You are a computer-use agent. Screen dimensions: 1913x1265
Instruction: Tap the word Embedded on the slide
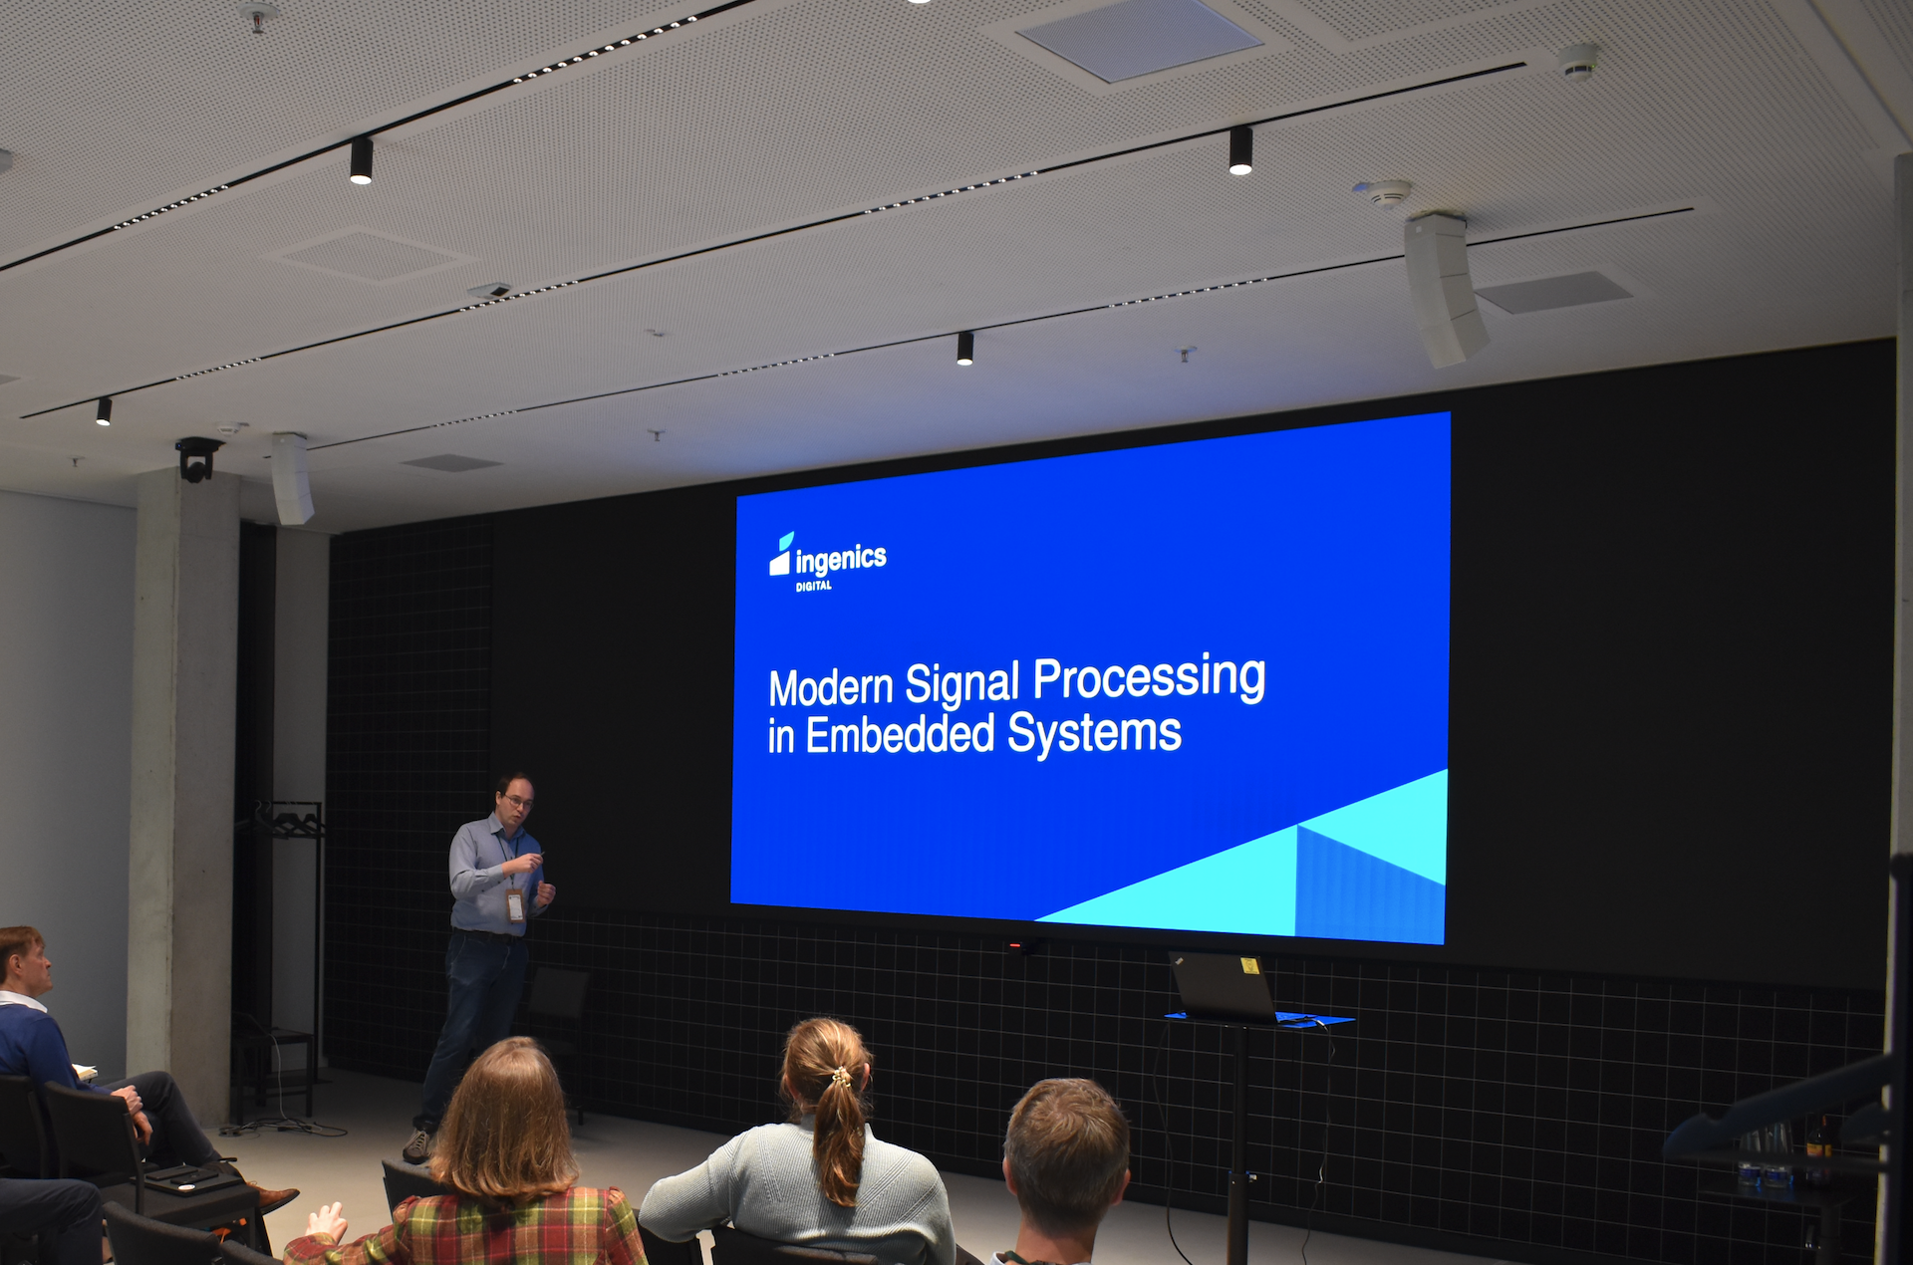pos(900,736)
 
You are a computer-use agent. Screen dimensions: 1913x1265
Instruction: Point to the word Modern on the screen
pos(831,687)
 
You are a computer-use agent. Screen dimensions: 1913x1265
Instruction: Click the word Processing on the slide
pos(1149,678)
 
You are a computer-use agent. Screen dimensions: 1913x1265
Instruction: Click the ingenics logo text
pos(841,559)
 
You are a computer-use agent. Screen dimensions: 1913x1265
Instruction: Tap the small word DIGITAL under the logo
pos(814,586)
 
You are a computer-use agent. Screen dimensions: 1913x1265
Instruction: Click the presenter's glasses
pos(518,801)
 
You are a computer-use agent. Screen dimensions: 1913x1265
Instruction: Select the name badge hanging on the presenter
pos(515,905)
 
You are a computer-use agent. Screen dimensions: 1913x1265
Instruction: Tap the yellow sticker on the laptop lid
pos(1249,964)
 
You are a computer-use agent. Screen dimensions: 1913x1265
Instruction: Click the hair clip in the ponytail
pos(842,1076)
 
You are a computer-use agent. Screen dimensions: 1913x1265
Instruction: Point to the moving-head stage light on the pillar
pos(197,459)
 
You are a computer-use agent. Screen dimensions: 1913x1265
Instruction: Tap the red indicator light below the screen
pos(1014,944)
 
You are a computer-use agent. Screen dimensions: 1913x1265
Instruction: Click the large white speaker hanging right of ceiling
pos(1444,289)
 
